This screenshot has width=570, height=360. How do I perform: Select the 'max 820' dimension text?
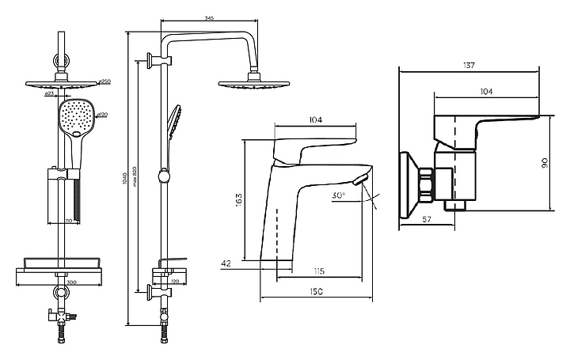(135, 187)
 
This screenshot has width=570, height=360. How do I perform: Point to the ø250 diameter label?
(105, 81)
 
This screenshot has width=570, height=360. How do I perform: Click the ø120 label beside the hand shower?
(102, 116)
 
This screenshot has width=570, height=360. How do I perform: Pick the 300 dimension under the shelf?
(71, 281)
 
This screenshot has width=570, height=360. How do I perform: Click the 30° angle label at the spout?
(339, 194)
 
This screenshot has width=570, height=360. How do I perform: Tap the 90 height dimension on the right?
(544, 163)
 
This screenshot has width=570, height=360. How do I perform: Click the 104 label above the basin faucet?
(315, 119)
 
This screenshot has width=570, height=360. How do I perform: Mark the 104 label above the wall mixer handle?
(486, 92)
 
